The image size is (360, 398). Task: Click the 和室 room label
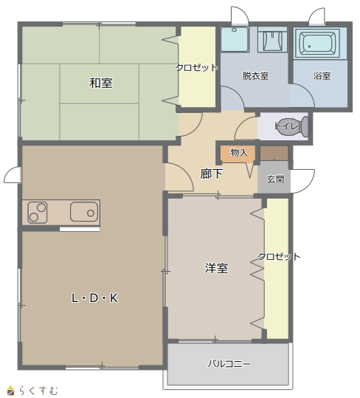(x=101, y=83)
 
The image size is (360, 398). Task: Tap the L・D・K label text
(x=95, y=298)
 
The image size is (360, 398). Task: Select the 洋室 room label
(x=216, y=268)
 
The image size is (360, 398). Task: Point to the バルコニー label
(x=229, y=364)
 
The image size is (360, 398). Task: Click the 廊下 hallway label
(x=212, y=174)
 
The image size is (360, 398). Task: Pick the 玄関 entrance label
(x=276, y=179)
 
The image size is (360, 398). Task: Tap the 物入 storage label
(x=239, y=152)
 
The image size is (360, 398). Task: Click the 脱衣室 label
(x=255, y=75)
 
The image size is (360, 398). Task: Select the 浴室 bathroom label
(x=322, y=75)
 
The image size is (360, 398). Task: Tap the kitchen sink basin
(x=84, y=212)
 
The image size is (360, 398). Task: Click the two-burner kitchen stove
(x=38, y=213)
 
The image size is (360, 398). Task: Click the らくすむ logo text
(x=39, y=391)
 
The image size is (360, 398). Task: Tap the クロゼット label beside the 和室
(x=197, y=67)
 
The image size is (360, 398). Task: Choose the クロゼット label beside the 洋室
(x=279, y=257)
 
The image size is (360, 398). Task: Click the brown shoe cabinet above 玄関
(x=274, y=153)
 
